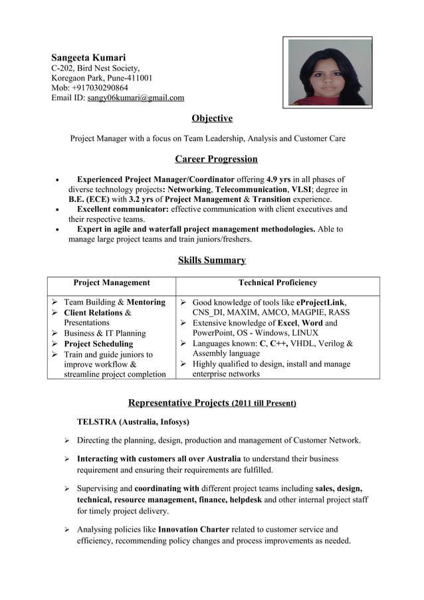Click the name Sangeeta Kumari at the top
click(88, 57)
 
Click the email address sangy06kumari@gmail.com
click(136, 98)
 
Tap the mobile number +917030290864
click(100, 88)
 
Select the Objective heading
click(212, 118)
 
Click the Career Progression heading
click(216, 159)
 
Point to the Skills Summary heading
click(212, 260)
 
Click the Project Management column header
click(111, 283)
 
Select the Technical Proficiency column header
click(278, 283)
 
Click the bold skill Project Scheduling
click(98, 344)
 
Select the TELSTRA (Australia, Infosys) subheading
click(133, 422)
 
